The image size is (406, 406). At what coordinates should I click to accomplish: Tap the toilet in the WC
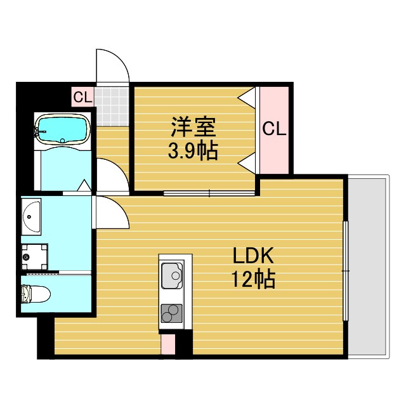click(x=34, y=294)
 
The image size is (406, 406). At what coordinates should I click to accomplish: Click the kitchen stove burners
click(x=171, y=313)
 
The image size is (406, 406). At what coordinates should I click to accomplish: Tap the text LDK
click(x=252, y=257)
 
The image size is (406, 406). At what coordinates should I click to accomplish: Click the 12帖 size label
click(x=254, y=279)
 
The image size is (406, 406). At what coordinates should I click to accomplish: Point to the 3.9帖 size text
click(x=193, y=151)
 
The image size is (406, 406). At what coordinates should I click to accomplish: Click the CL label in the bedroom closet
click(x=274, y=129)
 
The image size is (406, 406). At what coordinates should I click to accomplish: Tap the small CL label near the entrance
click(x=82, y=97)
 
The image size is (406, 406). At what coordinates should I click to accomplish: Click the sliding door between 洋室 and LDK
click(x=209, y=192)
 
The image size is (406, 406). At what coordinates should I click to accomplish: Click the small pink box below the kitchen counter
click(x=167, y=344)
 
